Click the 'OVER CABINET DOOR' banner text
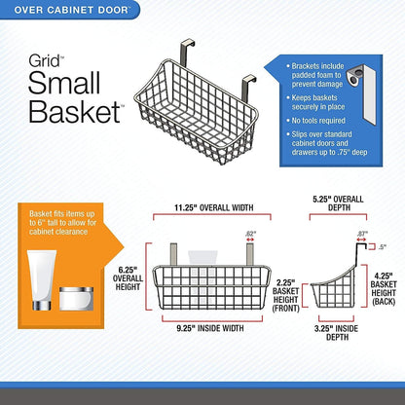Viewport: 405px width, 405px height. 71,10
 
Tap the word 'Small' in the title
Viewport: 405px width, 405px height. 64,83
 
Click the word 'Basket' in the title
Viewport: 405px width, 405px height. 75,111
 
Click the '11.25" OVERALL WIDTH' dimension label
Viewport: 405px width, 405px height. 214,207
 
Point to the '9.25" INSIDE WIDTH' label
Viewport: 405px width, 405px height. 210,328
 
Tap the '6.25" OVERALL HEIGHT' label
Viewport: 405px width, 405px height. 128,278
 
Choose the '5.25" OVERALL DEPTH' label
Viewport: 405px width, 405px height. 338,203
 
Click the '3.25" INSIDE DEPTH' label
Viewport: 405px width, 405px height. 336,333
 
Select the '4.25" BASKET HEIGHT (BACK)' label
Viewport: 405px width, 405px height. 384,289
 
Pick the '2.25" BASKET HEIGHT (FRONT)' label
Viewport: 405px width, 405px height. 286,295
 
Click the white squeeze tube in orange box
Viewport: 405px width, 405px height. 42,280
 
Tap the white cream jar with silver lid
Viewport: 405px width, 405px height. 76,299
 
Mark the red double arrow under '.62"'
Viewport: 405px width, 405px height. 250,239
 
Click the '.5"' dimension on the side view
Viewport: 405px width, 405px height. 383,247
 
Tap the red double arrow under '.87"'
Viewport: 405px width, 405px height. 361,239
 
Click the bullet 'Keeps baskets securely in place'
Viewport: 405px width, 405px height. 318,102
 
